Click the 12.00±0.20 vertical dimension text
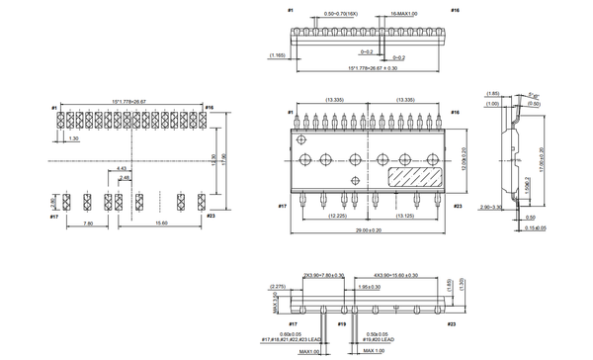[465, 158]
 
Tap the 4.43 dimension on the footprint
[121, 169]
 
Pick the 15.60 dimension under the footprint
[159, 223]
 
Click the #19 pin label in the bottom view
[342, 323]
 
